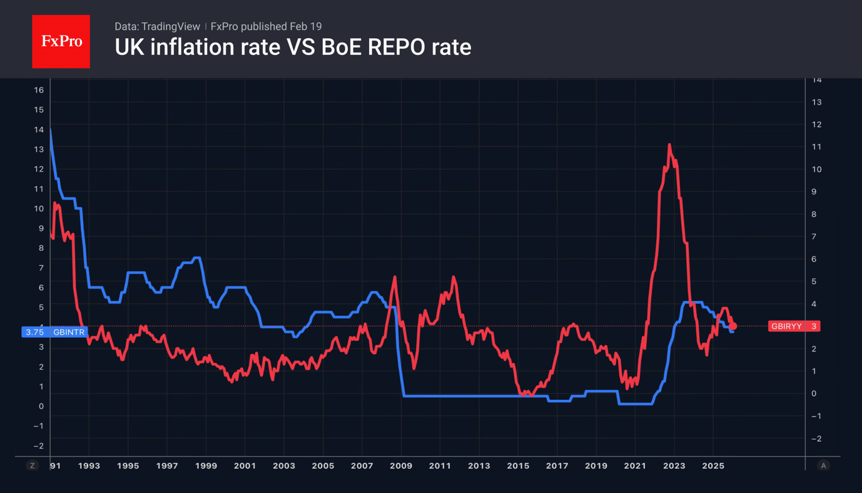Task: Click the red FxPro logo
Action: pos(61,41)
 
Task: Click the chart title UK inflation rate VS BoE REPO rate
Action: pos(293,47)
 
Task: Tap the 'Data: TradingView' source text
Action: pos(157,26)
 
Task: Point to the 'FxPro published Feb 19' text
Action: pos(266,26)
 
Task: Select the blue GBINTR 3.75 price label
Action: pos(54,332)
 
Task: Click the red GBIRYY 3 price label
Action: pos(794,326)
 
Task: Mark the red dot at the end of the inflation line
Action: pos(733,326)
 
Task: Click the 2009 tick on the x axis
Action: pos(401,465)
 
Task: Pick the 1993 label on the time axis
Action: pos(89,465)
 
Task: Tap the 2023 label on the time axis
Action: pos(674,465)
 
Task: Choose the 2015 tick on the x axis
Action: pos(518,465)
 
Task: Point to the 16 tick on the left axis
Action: pos(39,90)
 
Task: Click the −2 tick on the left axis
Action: pos(38,445)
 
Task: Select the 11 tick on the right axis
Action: pos(816,146)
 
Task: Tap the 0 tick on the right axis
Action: pos(814,394)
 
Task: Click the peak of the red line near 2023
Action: pos(669,145)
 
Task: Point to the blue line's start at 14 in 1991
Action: pos(50,130)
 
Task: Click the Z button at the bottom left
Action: pos(33,465)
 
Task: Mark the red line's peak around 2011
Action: pos(454,277)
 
